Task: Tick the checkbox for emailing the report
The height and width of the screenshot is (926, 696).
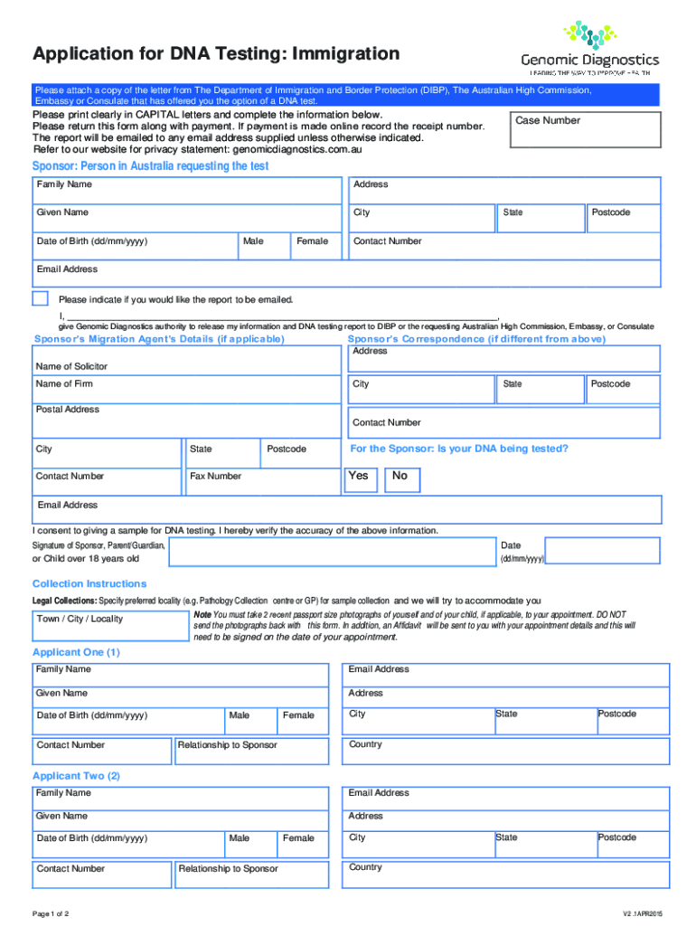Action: click(x=40, y=299)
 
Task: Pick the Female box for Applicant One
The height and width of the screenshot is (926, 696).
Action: click(x=300, y=721)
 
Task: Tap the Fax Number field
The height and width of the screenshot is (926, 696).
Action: click(x=262, y=481)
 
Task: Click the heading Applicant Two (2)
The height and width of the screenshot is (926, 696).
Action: click(x=76, y=776)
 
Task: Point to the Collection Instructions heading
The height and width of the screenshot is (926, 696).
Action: click(x=89, y=583)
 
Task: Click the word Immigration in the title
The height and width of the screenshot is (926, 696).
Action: click(x=337, y=54)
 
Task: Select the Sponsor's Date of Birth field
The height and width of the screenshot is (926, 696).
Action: click(x=134, y=245)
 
